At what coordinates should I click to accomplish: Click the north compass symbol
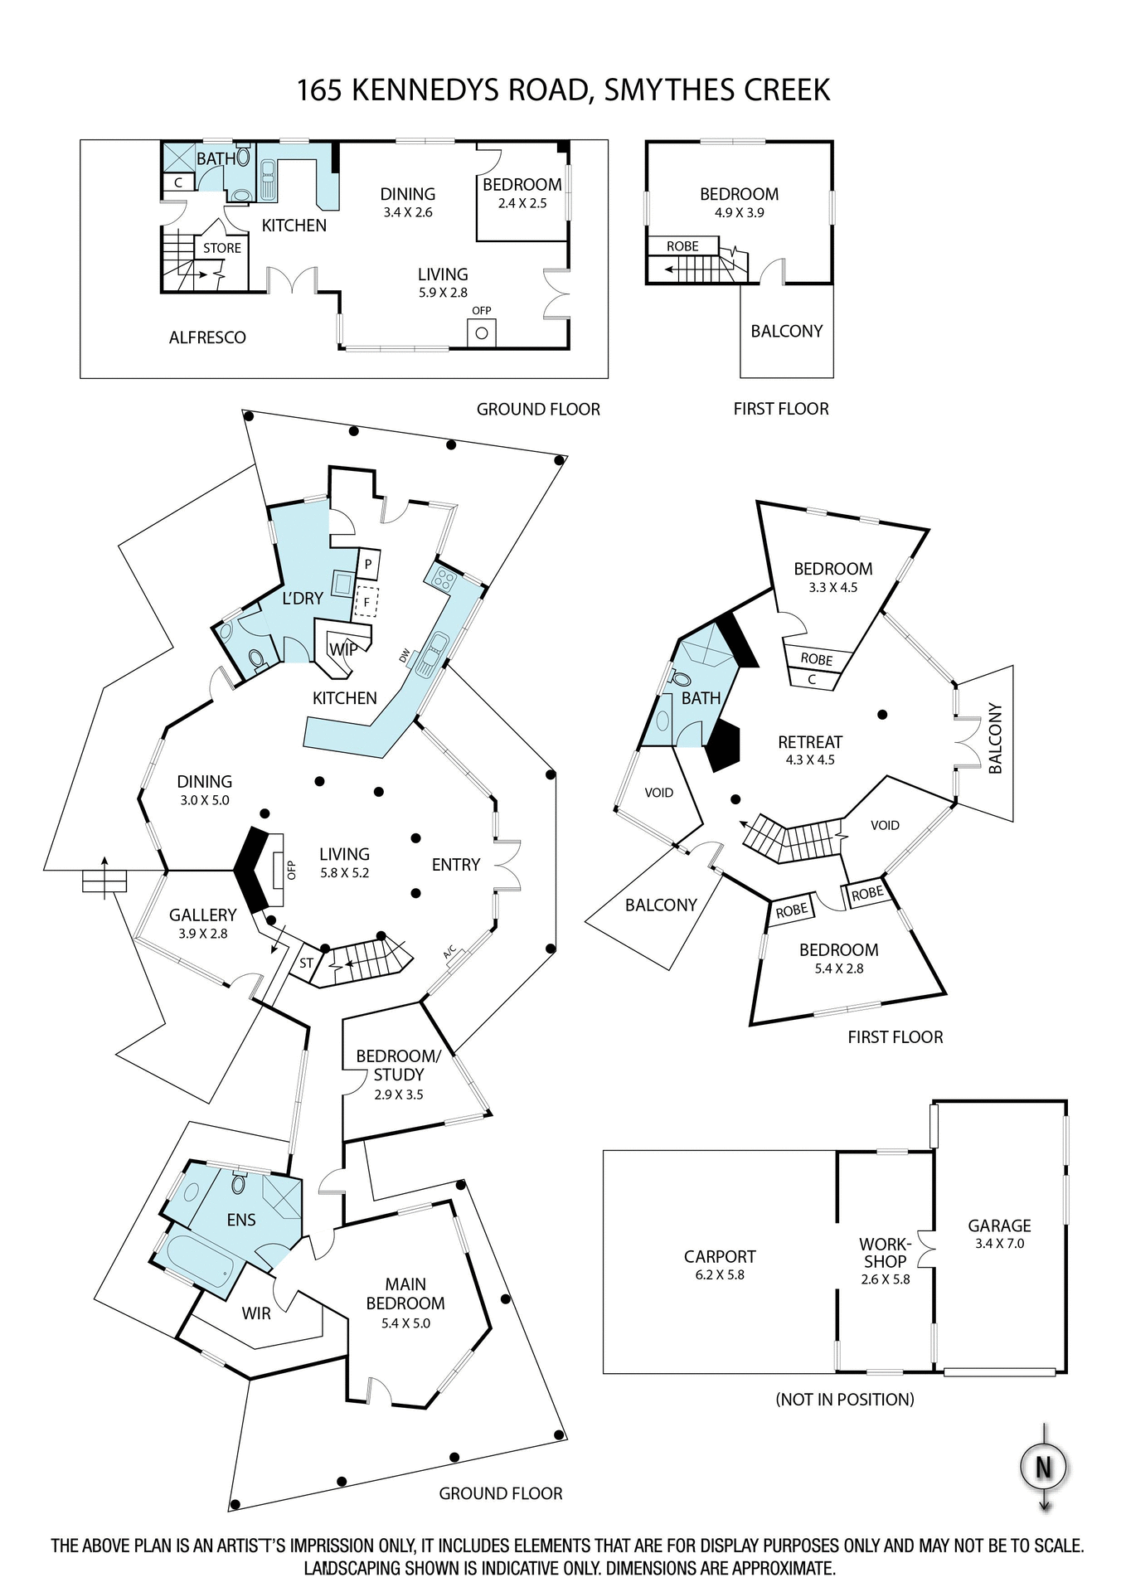(x=1043, y=1467)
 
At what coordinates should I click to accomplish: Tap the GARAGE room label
(x=999, y=1233)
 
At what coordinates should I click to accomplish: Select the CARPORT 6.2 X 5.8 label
(x=719, y=1264)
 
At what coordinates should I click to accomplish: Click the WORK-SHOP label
(x=885, y=1260)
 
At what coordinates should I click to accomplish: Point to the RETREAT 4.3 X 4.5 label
(x=809, y=750)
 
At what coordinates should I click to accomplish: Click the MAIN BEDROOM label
(x=405, y=1302)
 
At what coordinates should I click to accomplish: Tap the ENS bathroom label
(x=241, y=1220)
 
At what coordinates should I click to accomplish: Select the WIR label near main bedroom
(x=256, y=1313)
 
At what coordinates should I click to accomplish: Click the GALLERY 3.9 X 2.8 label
(x=202, y=923)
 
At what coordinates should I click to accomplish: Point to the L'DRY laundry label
(x=303, y=598)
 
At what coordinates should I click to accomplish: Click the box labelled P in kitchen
(x=368, y=564)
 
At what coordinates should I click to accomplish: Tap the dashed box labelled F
(x=366, y=602)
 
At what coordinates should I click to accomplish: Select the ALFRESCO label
(x=207, y=337)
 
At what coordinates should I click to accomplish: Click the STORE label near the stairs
(x=222, y=248)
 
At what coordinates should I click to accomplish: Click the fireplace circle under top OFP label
(x=482, y=334)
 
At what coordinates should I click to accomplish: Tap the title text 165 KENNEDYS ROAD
(x=563, y=90)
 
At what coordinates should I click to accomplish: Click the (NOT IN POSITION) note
(x=844, y=1400)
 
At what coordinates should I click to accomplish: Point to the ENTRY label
(x=455, y=865)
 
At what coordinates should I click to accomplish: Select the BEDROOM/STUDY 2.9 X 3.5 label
(x=398, y=1074)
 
